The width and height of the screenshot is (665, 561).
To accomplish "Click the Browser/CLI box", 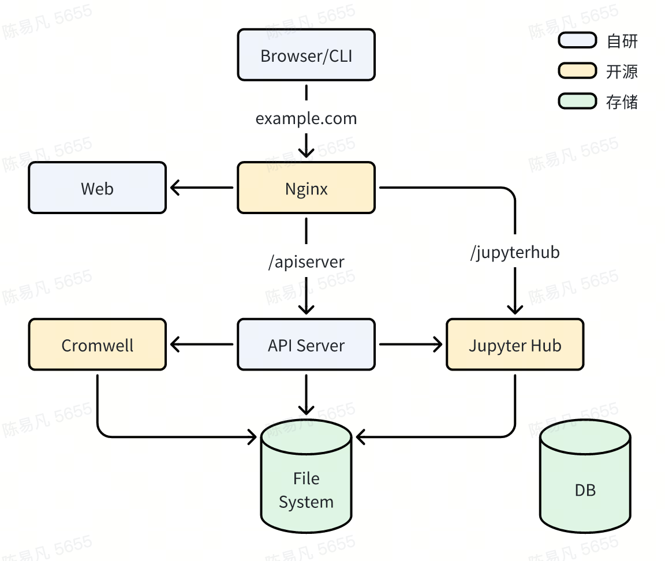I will pos(306,55).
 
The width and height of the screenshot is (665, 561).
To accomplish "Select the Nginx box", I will pos(306,188).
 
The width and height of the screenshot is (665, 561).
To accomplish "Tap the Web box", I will pos(97,188).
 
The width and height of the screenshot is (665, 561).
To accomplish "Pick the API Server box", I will pos(306,345).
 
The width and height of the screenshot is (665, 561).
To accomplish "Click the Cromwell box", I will pos(97,345).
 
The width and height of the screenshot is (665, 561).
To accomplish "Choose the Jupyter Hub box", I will pos(515,345).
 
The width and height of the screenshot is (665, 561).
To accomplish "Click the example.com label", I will pos(306,119).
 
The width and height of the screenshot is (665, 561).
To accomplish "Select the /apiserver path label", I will pos(306,262).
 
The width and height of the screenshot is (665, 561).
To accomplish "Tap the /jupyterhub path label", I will pos(515,252).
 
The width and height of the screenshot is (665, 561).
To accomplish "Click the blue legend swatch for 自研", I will pos(577,40).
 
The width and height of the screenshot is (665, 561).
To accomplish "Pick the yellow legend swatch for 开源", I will pos(577,71).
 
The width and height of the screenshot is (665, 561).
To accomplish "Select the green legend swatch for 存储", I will pos(577,102).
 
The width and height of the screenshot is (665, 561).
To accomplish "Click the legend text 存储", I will pos(622,102).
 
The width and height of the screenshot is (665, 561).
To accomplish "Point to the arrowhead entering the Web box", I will pos(174,188).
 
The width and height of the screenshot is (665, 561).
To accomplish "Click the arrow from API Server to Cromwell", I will pos(202,345).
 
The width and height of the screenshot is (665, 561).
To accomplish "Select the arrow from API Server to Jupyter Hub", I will pos(410,345).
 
